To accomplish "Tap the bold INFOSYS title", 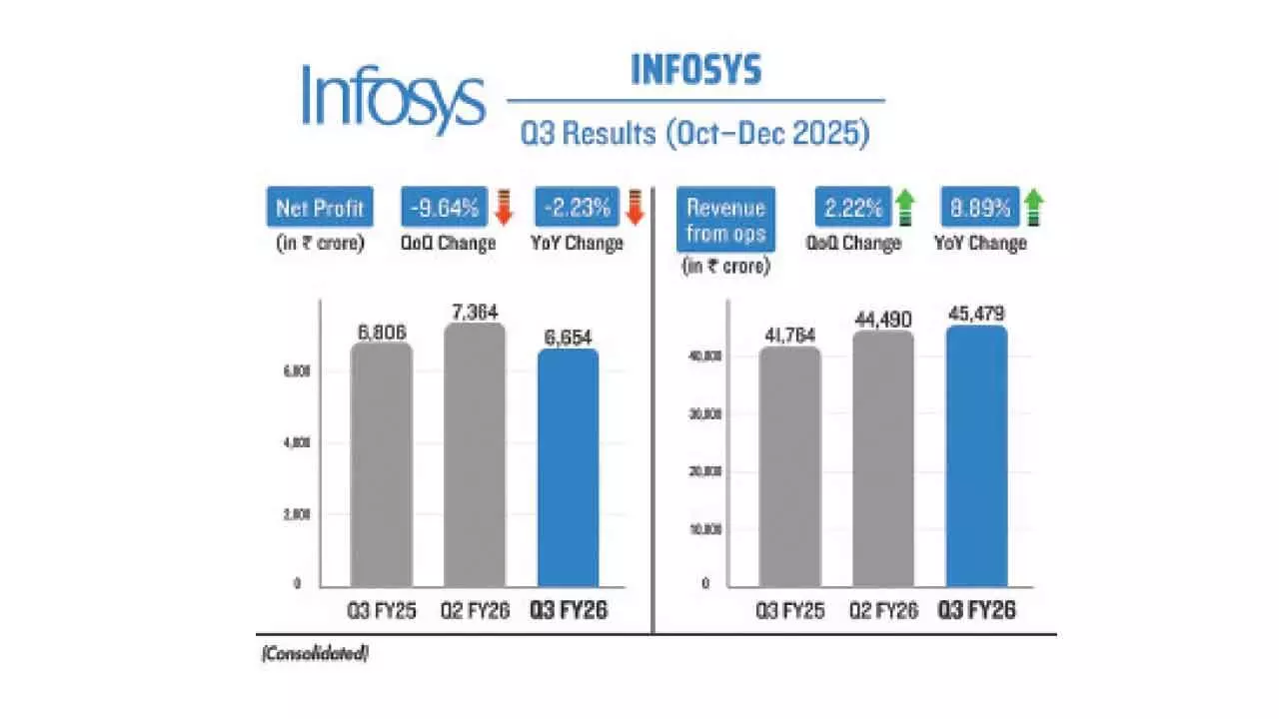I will pyautogui.click(x=695, y=70).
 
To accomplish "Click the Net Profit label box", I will pyautogui.click(x=320, y=210).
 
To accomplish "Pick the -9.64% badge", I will pyautogui.click(x=444, y=210).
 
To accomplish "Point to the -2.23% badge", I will pyautogui.click(x=578, y=210).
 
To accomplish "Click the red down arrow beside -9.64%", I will pyautogui.click(x=504, y=208).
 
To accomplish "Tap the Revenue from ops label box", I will pyautogui.click(x=725, y=221).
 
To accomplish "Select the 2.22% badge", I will pyautogui.click(x=844, y=210).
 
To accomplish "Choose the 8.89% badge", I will pyautogui.click(x=978, y=210).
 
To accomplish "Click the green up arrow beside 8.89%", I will pyautogui.click(x=1034, y=208).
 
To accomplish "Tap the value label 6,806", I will pyautogui.click(x=382, y=329).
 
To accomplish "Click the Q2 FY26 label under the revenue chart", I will pyautogui.click(x=883, y=609).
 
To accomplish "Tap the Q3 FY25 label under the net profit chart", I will pyautogui.click(x=381, y=609).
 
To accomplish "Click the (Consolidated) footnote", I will pyautogui.click(x=315, y=654).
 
